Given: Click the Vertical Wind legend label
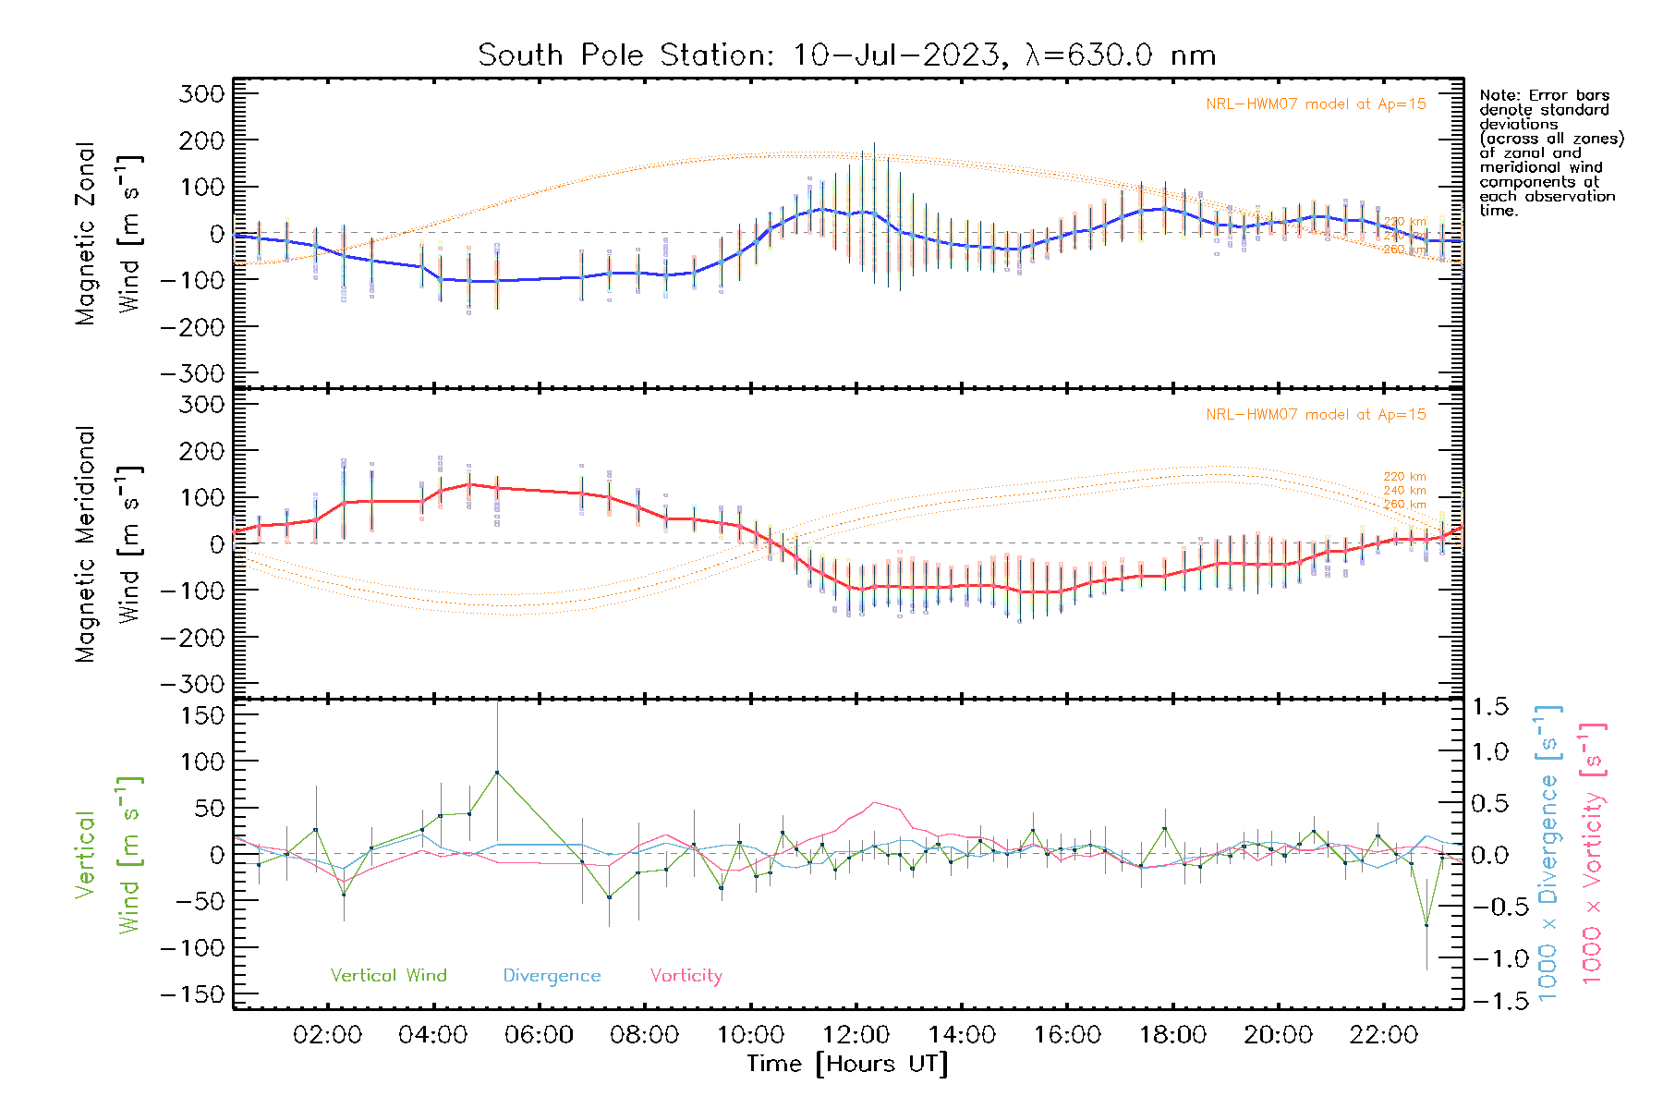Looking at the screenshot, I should tap(388, 976).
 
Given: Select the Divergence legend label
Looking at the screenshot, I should tap(552, 976).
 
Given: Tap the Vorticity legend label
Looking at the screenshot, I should tap(686, 976).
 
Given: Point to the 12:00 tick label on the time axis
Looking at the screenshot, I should tap(856, 1035).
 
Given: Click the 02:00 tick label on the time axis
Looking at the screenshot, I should tap(327, 1035).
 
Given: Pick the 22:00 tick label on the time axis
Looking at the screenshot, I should tap(1383, 1035).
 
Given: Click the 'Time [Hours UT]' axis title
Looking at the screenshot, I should tap(847, 1064).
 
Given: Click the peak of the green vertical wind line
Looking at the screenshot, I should tap(497, 773).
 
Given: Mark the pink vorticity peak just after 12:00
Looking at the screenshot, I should tap(874, 803).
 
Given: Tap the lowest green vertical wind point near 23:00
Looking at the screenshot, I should tap(1426, 924).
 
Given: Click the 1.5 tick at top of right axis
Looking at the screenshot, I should tap(1489, 707).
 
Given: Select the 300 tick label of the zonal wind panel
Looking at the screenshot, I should tap(201, 93).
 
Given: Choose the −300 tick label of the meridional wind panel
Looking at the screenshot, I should tap(193, 684).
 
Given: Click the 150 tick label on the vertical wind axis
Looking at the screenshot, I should tap(201, 715).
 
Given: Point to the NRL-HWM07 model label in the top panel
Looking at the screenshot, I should tap(1316, 104).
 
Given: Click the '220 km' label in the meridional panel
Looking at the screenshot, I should tap(1404, 477).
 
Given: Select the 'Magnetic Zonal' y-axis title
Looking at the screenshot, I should tap(85, 234).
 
